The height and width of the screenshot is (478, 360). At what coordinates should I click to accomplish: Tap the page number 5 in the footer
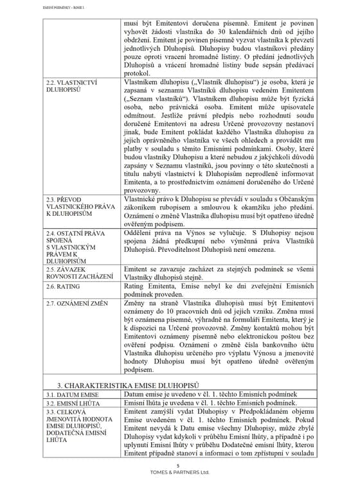178,465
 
